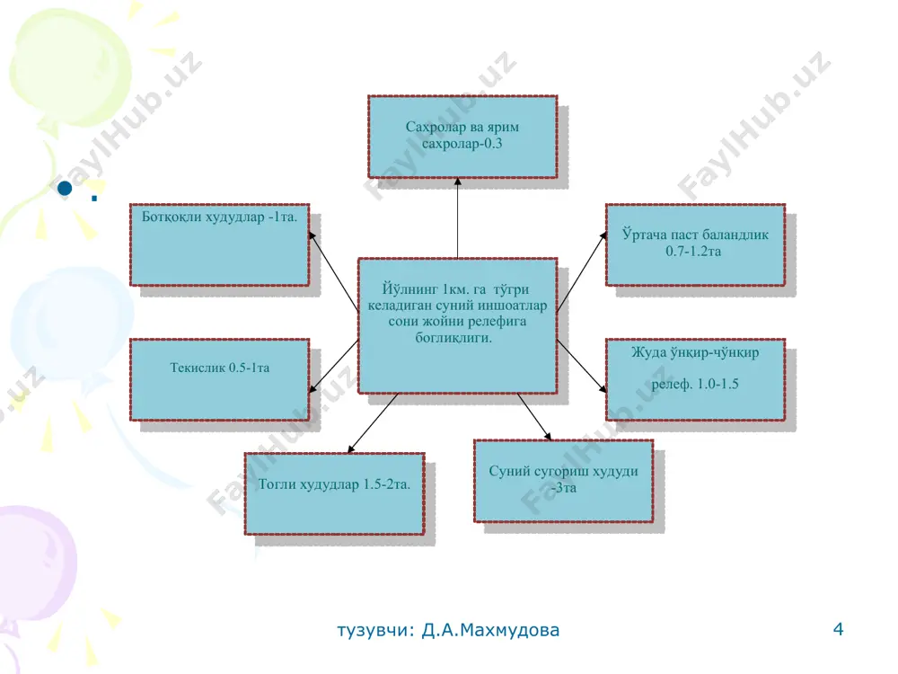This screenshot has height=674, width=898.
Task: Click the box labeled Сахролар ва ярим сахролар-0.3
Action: tap(462, 137)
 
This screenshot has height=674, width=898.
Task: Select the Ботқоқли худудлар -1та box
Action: tap(219, 244)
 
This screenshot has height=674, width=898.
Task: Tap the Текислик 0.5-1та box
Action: tap(219, 379)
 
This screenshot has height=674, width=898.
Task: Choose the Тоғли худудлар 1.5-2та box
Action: tap(334, 493)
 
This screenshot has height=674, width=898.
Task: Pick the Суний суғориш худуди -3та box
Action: tap(564, 481)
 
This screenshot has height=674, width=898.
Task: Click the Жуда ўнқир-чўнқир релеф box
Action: tap(695, 379)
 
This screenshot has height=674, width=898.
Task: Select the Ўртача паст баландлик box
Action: tap(695, 244)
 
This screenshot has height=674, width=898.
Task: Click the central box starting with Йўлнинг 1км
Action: tap(458, 325)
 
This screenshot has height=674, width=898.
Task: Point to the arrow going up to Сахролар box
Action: tap(458, 217)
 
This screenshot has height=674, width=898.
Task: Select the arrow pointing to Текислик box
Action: tap(333, 367)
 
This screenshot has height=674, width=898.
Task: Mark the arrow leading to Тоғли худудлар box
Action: tap(373, 423)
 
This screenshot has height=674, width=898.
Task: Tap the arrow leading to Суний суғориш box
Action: tap(534, 417)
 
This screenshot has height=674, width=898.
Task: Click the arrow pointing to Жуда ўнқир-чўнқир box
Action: tap(581, 367)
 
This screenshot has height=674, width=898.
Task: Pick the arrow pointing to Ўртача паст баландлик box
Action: tap(581, 271)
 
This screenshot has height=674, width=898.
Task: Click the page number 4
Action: tap(838, 629)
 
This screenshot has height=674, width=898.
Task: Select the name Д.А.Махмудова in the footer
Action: tap(490, 630)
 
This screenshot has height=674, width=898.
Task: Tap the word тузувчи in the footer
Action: tap(374, 631)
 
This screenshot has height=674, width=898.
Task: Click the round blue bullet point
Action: tap(65, 188)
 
